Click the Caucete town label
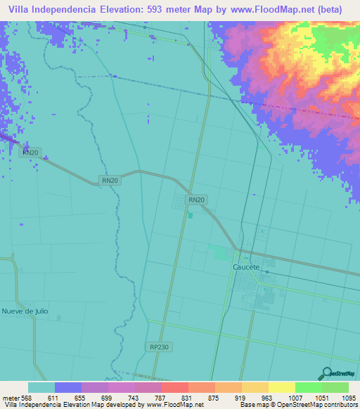246,268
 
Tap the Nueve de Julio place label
25,311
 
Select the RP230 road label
159,347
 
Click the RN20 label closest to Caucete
196,200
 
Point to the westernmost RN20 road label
30,152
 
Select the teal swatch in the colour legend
41,387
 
